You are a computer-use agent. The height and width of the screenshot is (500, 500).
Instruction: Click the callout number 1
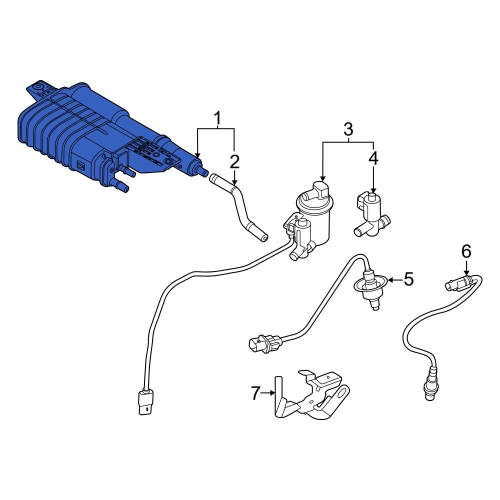click(217, 118)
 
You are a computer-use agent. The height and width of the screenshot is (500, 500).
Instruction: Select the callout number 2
click(234, 161)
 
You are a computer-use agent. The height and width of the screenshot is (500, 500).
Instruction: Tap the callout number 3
click(348, 129)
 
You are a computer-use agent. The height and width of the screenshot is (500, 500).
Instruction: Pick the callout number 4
click(373, 158)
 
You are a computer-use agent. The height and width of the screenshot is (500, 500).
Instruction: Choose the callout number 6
click(465, 251)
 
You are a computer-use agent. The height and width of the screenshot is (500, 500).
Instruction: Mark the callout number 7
click(255, 393)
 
